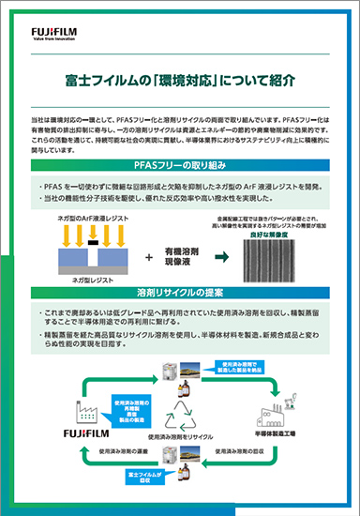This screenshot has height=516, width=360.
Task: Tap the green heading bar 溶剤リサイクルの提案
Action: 180,292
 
